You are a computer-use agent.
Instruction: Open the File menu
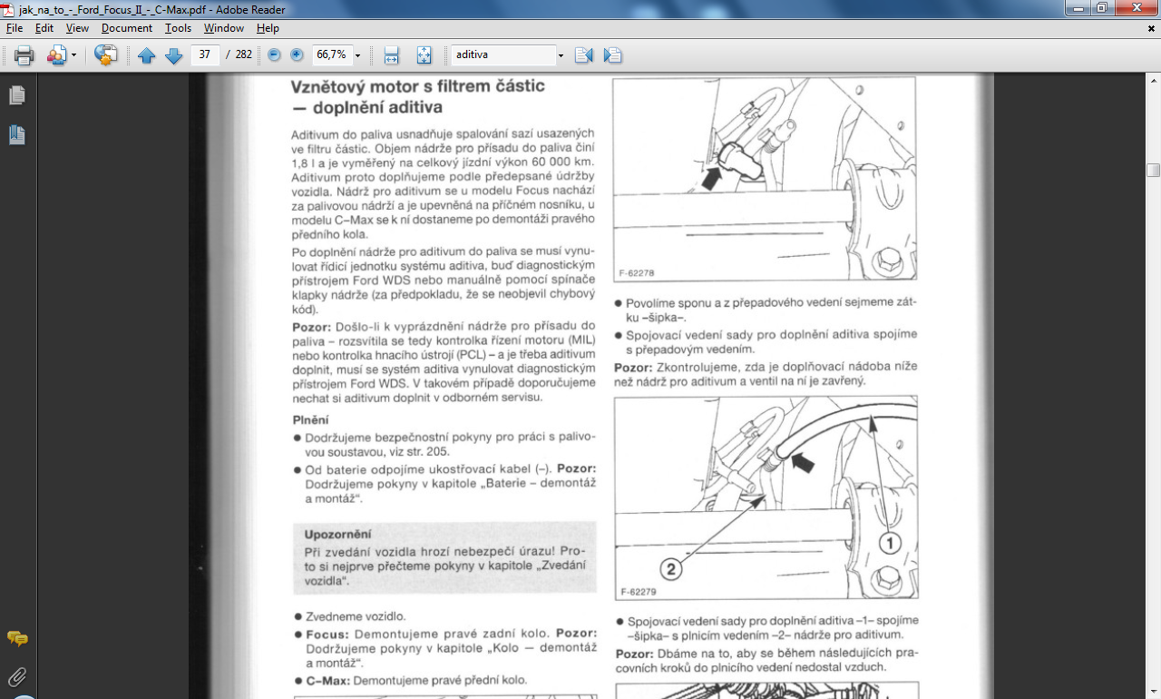[14, 28]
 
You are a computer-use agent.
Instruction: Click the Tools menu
[178, 28]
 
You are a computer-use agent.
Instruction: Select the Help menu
[268, 28]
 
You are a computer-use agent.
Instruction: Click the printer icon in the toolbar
[24, 55]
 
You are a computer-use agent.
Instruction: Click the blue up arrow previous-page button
[147, 55]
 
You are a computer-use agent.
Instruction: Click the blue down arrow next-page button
[174, 55]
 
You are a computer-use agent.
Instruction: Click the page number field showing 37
[205, 54]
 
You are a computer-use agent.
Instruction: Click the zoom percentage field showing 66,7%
[331, 54]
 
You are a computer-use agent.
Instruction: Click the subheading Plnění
[310, 420]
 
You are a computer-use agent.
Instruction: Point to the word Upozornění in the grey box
[337, 535]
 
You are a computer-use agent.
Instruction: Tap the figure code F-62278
[637, 271]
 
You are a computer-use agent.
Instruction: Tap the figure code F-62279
[638, 591]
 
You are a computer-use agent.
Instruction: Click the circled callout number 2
[669, 569]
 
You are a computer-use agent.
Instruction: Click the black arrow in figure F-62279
[802, 463]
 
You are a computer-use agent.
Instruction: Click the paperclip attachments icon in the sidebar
[17, 676]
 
